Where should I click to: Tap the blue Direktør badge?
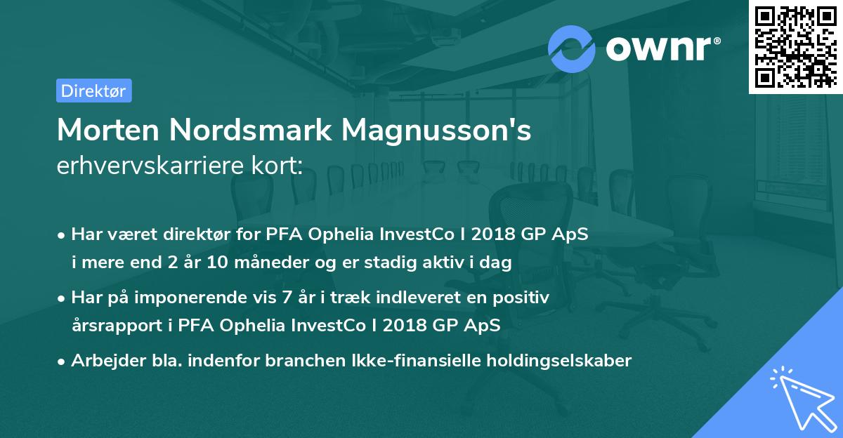93,91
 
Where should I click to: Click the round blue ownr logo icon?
572,48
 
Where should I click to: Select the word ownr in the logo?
661,48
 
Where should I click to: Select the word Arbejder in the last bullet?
103,361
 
